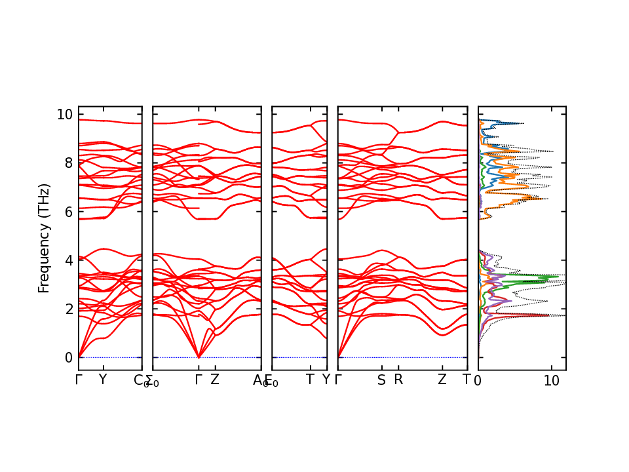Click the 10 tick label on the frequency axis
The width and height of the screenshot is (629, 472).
(64, 114)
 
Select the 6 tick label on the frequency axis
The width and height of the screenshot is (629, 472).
(67, 211)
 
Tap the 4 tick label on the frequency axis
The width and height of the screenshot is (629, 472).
(67, 260)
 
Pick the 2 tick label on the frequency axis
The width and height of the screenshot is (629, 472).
(67, 309)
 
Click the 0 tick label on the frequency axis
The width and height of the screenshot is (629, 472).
(67, 357)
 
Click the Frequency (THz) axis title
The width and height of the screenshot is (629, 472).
(44, 238)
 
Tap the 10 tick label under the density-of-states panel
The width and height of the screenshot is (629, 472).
(551, 381)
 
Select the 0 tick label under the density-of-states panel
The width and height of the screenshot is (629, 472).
(478, 381)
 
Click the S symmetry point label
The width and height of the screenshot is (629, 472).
(381, 380)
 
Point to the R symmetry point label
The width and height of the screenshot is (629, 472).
(398, 380)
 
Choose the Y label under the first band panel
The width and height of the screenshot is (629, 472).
(102, 380)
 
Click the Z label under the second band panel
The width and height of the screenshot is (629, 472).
(214, 380)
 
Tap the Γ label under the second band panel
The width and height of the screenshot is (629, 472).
(199, 380)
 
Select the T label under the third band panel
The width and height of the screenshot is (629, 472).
(310, 380)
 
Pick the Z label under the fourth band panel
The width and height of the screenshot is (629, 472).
(442, 380)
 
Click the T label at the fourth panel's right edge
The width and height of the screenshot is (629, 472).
(467, 380)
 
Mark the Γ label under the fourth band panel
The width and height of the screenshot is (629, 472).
(339, 380)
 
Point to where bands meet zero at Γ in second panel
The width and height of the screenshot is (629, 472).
(199, 357)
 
